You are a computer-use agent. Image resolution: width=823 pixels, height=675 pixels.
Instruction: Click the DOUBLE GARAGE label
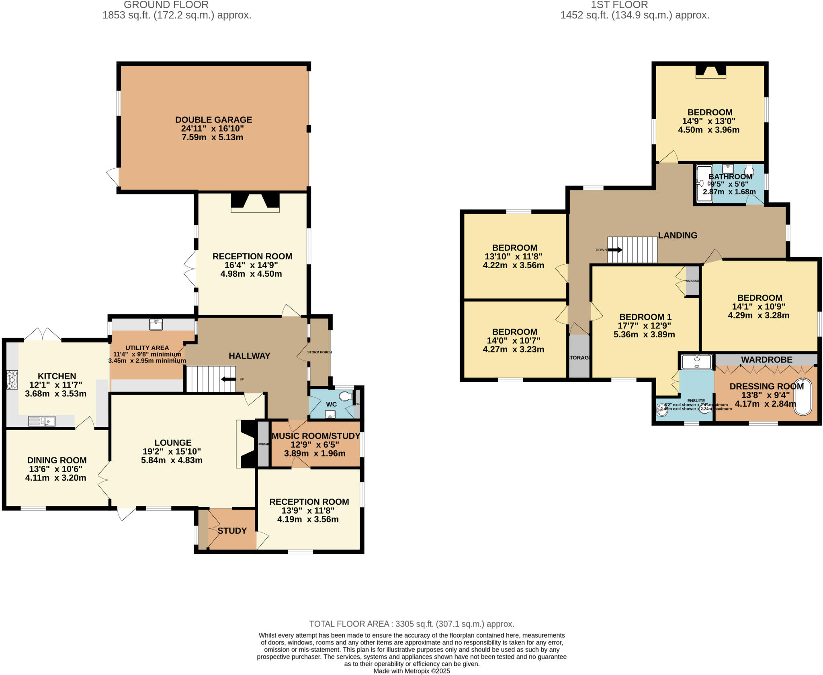pyautogui.click(x=213, y=120)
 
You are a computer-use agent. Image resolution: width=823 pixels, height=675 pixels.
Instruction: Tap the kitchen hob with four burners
pyautogui.click(x=12, y=379)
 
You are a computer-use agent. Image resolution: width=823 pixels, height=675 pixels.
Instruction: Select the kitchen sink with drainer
pyautogui.click(x=42, y=421)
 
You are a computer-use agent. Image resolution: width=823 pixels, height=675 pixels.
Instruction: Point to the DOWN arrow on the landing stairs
pyautogui.click(x=615, y=250)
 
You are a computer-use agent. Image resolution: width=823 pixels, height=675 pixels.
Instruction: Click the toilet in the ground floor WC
pyautogui.click(x=345, y=397)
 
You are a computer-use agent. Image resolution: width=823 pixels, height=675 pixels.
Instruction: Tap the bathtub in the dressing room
pyautogui.click(x=803, y=396)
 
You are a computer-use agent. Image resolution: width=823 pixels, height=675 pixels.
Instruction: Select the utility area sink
pyautogui.click(x=156, y=324)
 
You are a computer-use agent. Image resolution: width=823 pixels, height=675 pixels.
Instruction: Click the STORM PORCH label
pyautogui.click(x=319, y=352)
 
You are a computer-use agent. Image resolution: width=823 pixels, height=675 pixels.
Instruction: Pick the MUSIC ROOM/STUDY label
pyautogui.click(x=316, y=436)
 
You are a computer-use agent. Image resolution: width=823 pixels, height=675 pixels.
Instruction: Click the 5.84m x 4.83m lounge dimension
pyautogui.click(x=172, y=460)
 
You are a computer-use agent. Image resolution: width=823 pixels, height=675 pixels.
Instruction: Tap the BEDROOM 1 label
pyautogui.click(x=645, y=317)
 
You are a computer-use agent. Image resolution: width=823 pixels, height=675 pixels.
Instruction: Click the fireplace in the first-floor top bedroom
pyautogui.click(x=711, y=71)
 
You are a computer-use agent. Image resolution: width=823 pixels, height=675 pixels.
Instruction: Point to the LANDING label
pyautogui.click(x=678, y=235)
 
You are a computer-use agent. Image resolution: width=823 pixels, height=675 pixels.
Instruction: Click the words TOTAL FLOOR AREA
pyautogui.click(x=349, y=624)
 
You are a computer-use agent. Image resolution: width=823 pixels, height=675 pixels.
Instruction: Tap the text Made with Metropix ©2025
pyautogui.click(x=411, y=671)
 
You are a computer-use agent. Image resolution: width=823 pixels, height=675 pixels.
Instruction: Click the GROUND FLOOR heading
pyautogui.click(x=166, y=5)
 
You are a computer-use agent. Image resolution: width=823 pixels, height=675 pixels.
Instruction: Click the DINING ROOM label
pyautogui.click(x=57, y=460)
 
